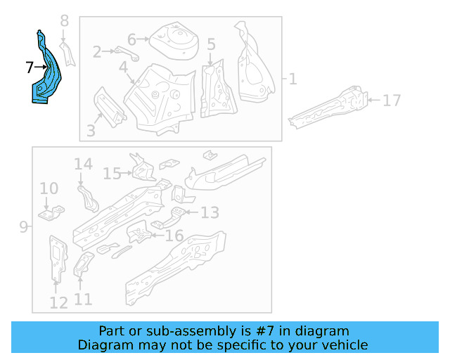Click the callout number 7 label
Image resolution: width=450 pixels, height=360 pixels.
pyautogui.click(x=29, y=68)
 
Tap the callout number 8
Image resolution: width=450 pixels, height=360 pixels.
pyautogui.click(x=65, y=21)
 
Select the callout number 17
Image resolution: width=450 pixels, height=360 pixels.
pyautogui.click(x=392, y=101)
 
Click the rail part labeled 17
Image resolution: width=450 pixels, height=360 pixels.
pyautogui.click(x=330, y=105)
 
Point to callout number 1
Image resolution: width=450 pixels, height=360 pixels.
pyautogui.click(x=292, y=79)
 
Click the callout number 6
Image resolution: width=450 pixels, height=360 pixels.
pyautogui.click(x=132, y=39)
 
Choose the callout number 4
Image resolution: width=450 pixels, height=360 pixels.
pyautogui.click(x=123, y=67)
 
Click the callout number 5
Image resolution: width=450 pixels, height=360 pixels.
pyautogui.click(x=211, y=44)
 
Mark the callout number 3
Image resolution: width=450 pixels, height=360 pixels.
pyautogui.click(x=91, y=130)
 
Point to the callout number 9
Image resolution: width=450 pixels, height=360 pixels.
pyautogui.click(x=23, y=226)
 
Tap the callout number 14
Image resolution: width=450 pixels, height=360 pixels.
pyautogui.click(x=83, y=165)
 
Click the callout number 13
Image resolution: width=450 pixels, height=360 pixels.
pyautogui.click(x=210, y=212)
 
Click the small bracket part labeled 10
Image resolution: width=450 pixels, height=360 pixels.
pyautogui.click(x=51, y=212)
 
